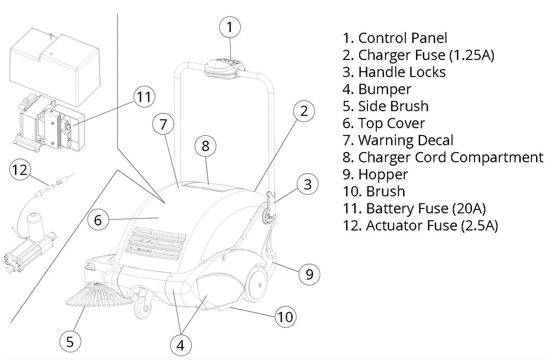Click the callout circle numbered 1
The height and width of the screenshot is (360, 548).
click(229, 27)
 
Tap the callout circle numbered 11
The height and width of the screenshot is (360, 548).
click(144, 97)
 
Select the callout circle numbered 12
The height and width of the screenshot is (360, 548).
click(20, 170)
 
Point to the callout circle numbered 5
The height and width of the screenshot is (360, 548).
click(70, 342)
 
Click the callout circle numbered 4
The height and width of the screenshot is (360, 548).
click(180, 345)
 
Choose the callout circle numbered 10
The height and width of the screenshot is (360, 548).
click(285, 317)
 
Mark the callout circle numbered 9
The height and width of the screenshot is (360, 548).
click(309, 274)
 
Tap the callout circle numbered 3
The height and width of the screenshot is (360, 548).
click(308, 184)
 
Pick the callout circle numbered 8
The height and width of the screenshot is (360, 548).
click(205, 146)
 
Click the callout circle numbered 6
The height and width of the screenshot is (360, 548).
click(98, 220)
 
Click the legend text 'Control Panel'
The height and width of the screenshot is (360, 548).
click(402, 38)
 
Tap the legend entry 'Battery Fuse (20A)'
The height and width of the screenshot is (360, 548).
click(426, 208)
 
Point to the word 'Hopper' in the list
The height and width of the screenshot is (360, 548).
click(383, 174)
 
